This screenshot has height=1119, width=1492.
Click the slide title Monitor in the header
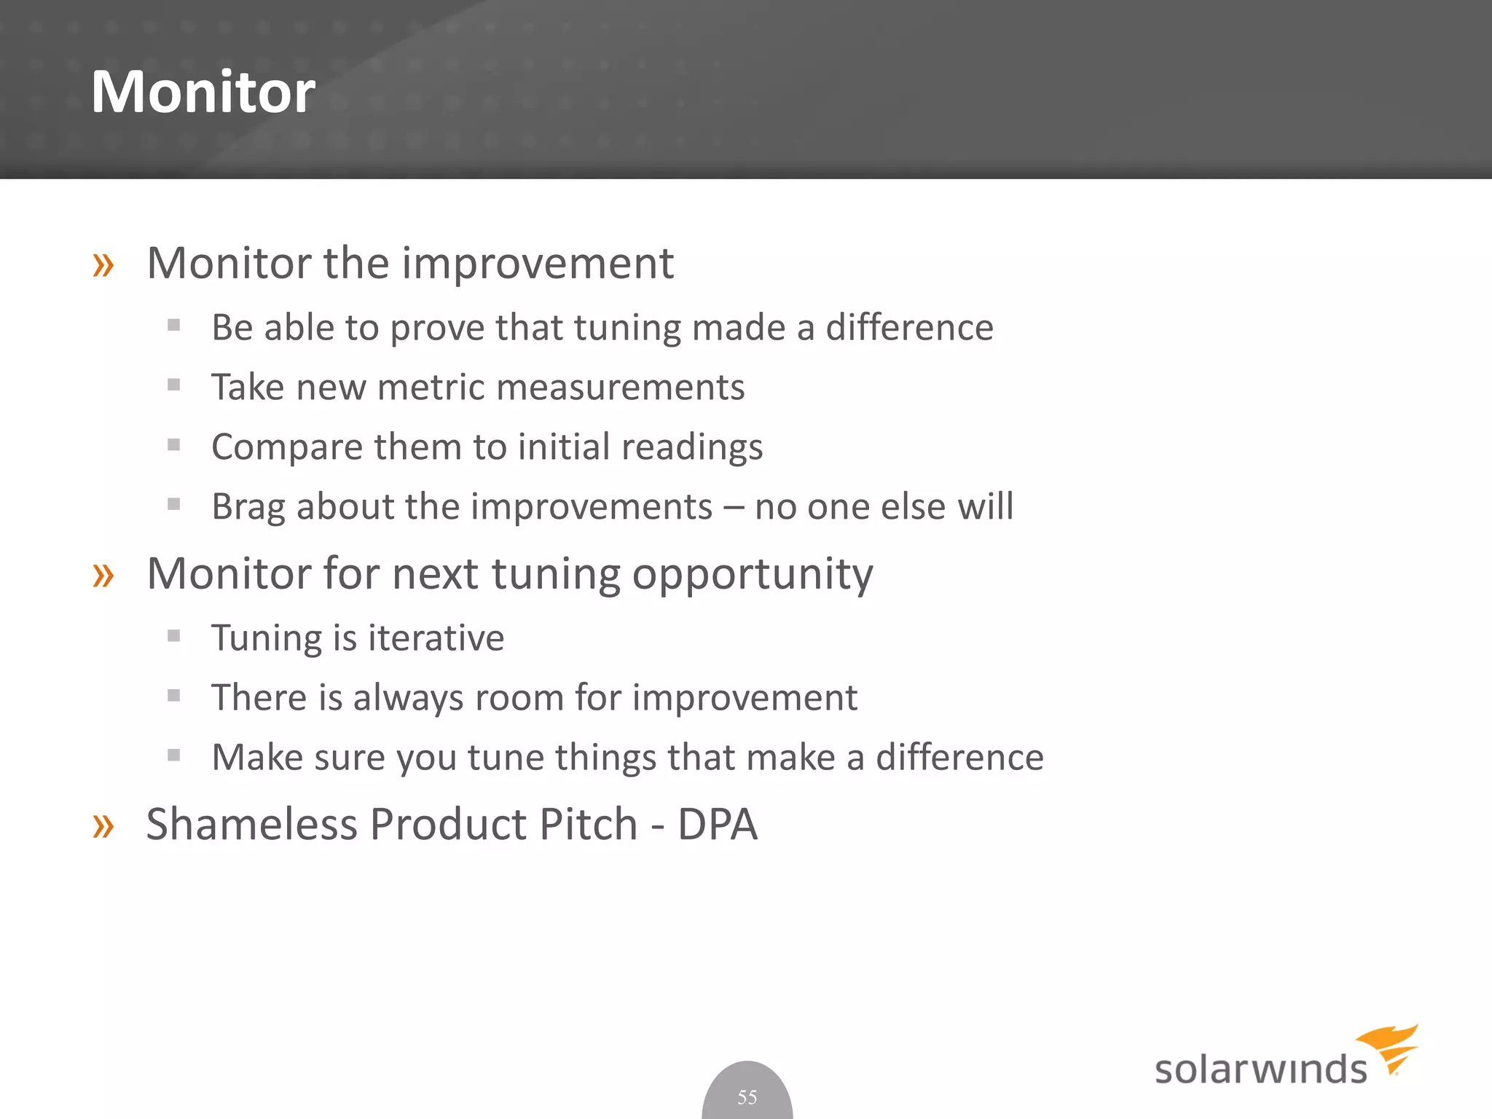click(x=203, y=92)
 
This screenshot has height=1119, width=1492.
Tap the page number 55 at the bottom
click(x=747, y=1097)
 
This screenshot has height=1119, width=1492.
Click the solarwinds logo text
click(x=1260, y=1069)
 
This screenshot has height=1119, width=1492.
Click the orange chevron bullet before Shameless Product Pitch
click(x=103, y=826)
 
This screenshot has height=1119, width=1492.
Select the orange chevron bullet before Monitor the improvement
click(x=103, y=264)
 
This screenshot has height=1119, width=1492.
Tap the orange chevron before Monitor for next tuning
click(x=103, y=576)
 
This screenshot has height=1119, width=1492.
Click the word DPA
click(x=717, y=825)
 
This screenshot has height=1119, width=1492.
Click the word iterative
click(x=436, y=638)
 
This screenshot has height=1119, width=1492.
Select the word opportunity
click(x=752, y=576)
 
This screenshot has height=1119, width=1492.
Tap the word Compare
click(x=287, y=447)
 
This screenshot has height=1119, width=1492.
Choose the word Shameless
click(x=251, y=825)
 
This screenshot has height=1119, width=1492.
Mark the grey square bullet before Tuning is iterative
click(x=173, y=636)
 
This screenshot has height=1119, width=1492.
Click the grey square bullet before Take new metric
click(x=173, y=385)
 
